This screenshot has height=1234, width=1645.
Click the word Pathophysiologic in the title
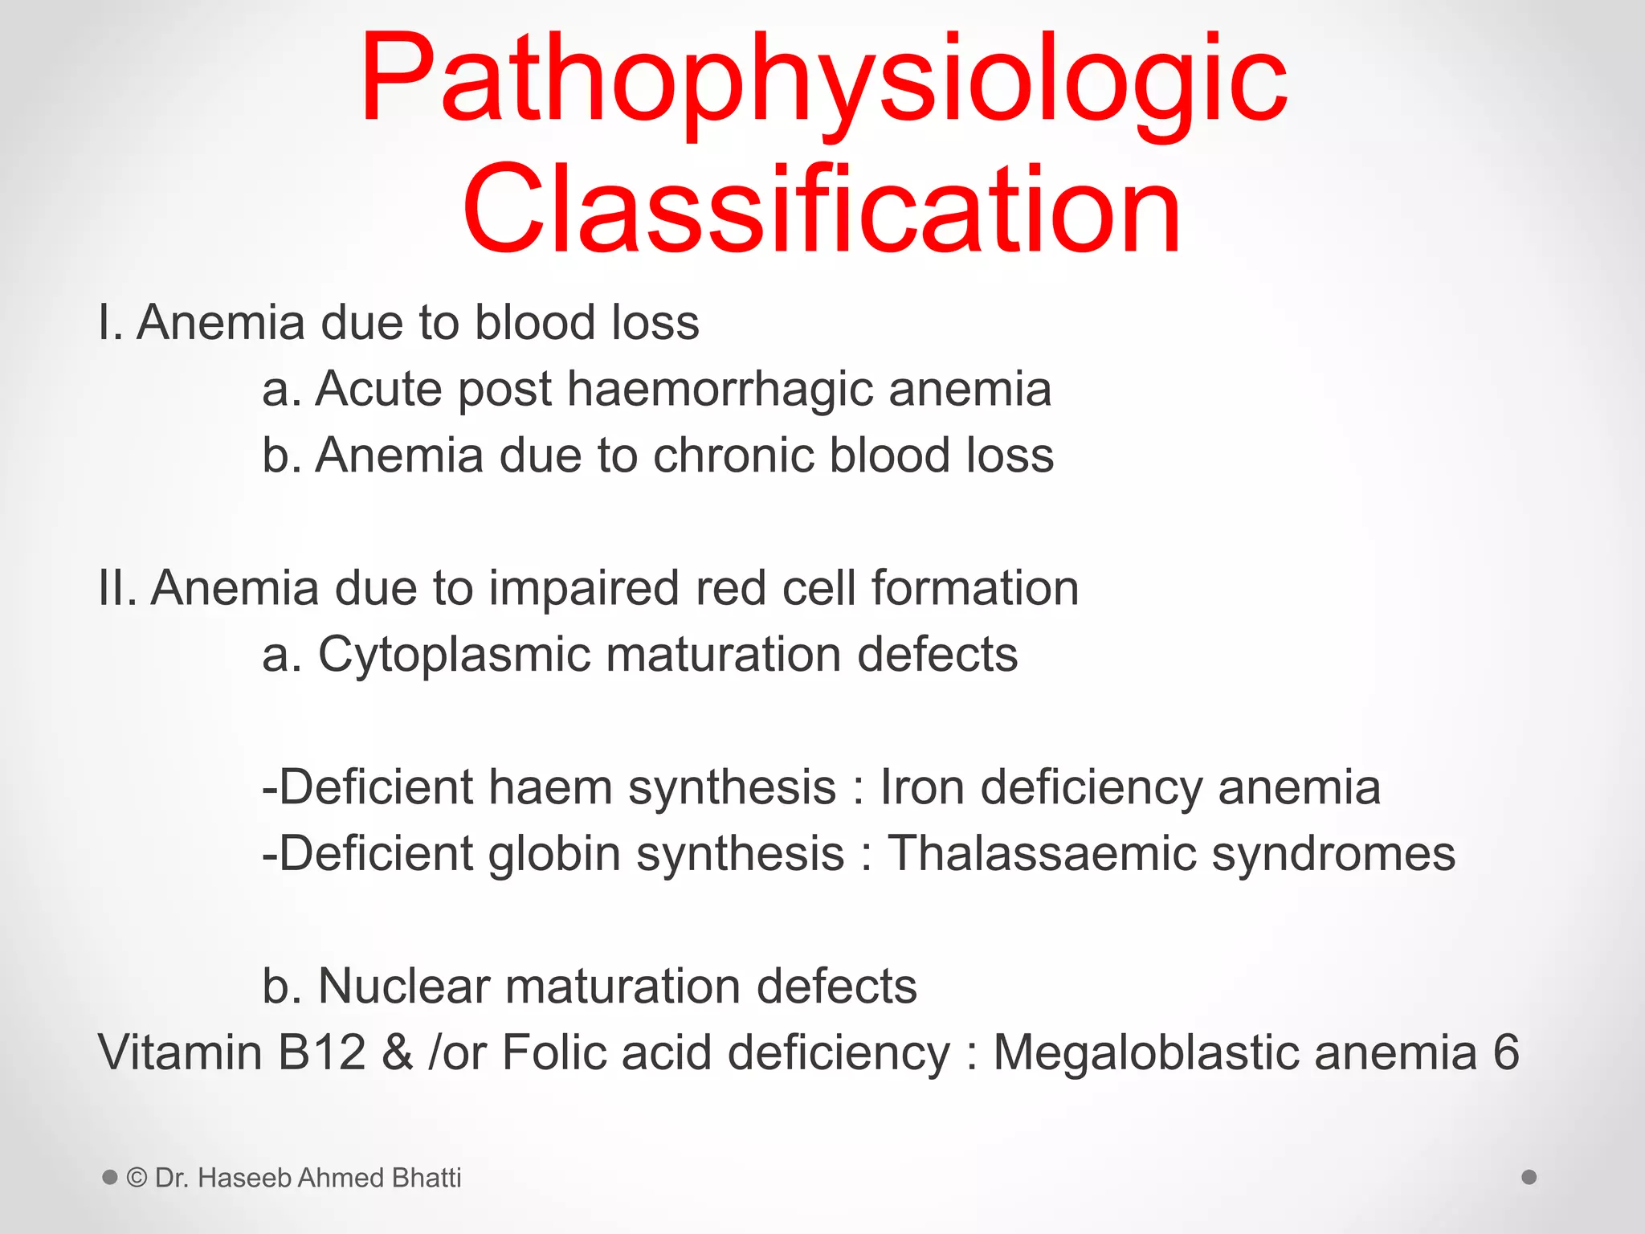[823, 80]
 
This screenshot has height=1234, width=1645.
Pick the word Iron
[921, 787]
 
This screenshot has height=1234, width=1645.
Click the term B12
[321, 1052]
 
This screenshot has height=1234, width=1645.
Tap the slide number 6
[1506, 1052]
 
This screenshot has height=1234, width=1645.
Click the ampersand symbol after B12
[397, 1052]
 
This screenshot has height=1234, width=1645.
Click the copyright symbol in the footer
[137, 1178]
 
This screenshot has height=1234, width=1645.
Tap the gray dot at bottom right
[1529, 1177]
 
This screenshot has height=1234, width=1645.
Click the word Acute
[378, 390]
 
